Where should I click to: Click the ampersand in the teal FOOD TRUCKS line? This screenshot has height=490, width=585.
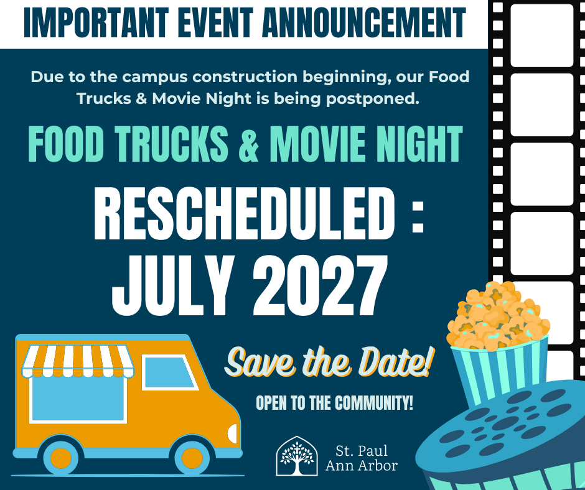[x=248, y=144]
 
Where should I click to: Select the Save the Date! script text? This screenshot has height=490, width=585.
[x=328, y=364]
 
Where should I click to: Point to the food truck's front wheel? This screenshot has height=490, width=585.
[x=192, y=457]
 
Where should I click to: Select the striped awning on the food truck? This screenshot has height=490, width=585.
[x=77, y=362]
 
